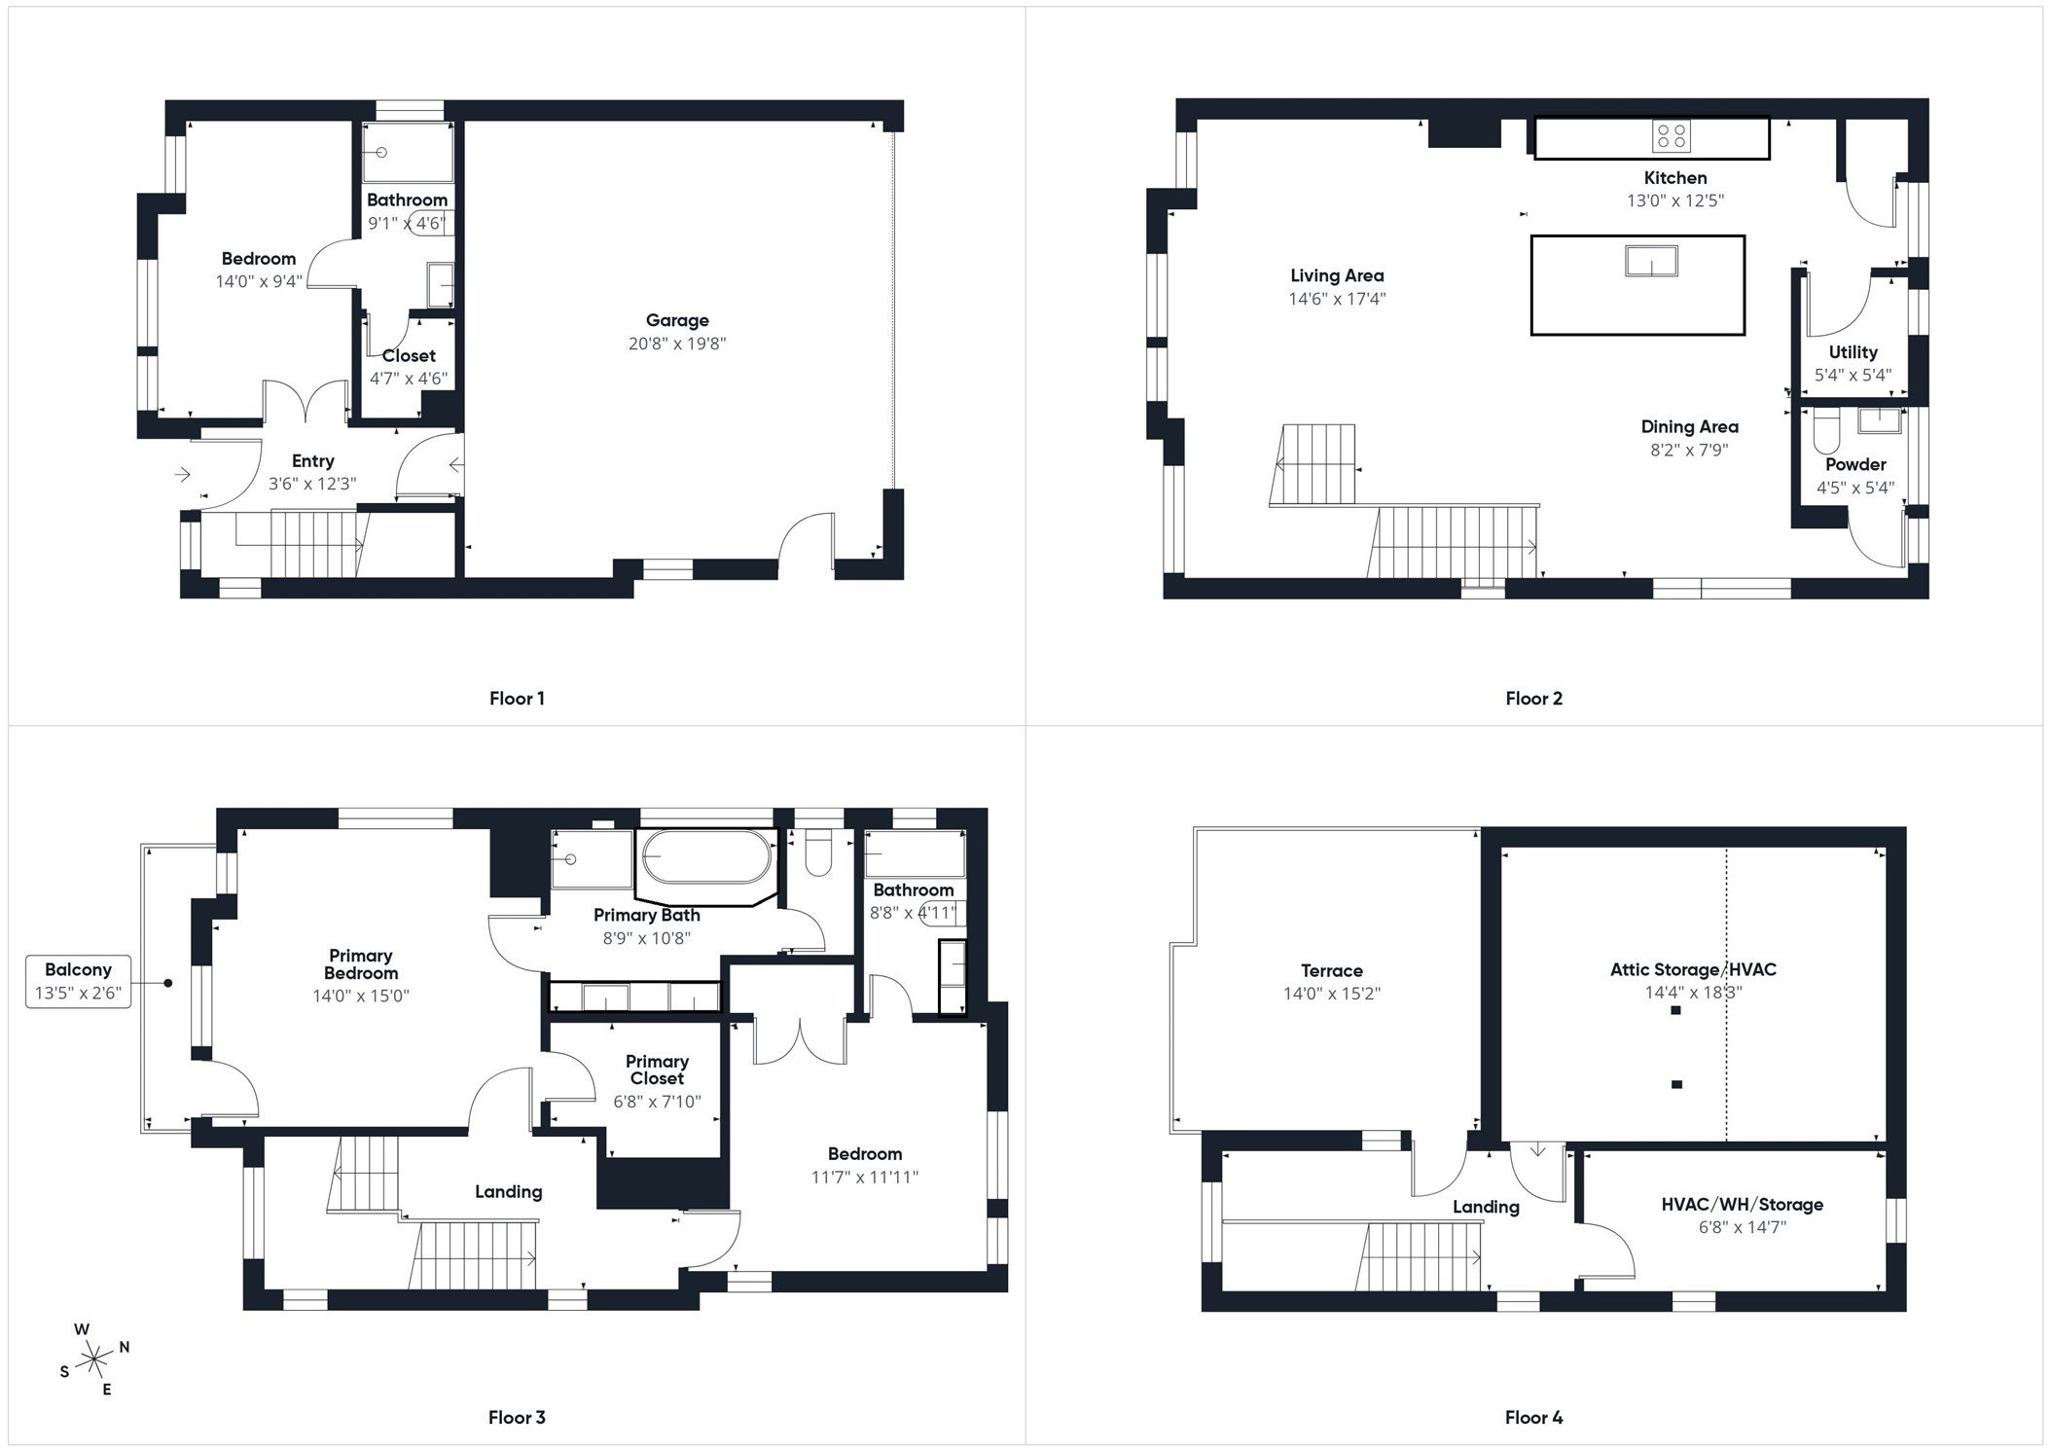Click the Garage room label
pos(677,320)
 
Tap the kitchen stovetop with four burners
pos(1671,136)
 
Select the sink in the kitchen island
pos(1651,261)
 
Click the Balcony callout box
pos(78,980)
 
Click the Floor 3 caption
pos(517,1417)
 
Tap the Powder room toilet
pos(1825,435)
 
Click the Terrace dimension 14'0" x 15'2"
pos(1331,994)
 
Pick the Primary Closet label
pos(658,1070)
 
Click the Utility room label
pos(1853,352)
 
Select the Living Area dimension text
pos(1337,299)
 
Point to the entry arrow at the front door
pos(182,475)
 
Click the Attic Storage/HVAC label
pos(1693,969)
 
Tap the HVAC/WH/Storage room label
pos(1742,1204)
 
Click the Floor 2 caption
pos(1533,698)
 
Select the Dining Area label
pos(1689,426)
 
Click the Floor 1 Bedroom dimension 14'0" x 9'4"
pos(259,281)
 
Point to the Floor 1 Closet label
pos(409,355)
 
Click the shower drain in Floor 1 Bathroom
pos(382,153)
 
